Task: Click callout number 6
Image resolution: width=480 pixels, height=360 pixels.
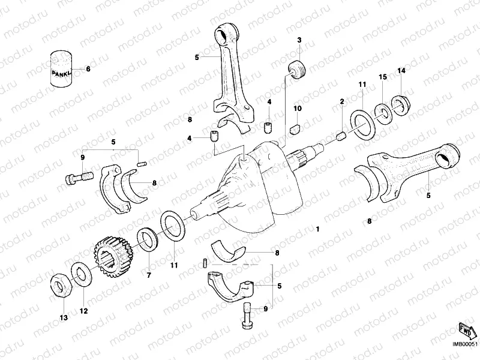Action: click(88, 69)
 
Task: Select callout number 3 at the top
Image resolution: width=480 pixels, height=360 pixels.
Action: click(299, 40)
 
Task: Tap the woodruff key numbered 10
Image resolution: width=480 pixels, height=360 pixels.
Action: click(295, 127)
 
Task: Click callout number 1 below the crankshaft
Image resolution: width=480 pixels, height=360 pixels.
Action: click(318, 230)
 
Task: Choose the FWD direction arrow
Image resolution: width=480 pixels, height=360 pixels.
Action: click(466, 330)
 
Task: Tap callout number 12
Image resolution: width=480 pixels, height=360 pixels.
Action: click(83, 311)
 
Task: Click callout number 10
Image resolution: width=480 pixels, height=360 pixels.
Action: click(297, 108)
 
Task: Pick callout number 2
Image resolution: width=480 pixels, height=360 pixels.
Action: click(341, 101)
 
